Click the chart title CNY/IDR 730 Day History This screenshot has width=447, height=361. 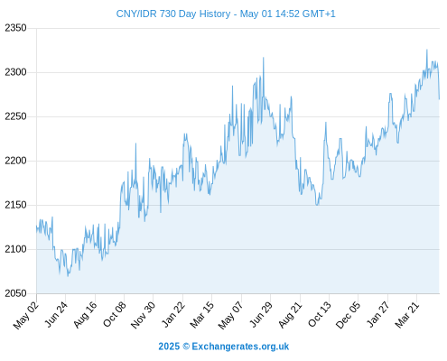click(x=173, y=14)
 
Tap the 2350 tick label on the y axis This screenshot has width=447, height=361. click(x=15, y=28)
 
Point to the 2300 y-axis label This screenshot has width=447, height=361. click(x=15, y=72)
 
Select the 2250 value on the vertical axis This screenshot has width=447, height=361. click(x=15, y=116)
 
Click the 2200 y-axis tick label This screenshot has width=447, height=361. click(x=15, y=161)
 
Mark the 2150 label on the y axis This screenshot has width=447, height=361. click(x=15, y=205)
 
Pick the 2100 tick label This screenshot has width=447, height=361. click(x=15, y=249)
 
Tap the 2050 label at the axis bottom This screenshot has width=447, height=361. click(x=15, y=293)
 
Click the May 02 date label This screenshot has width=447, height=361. click(x=26, y=315)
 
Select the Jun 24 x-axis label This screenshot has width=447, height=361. click(x=56, y=314)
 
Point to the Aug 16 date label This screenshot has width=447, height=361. click(x=86, y=314)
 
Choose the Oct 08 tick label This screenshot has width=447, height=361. click(x=115, y=314)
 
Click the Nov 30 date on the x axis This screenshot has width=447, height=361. click(x=143, y=315)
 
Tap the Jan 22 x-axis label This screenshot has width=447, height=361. click(x=173, y=314)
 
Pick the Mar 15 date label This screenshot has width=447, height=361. click(x=202, y=314)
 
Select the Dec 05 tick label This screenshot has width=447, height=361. click(x=348, y=315)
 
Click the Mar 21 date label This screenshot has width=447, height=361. click(x=407, y=314)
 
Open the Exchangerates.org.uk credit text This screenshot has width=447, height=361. click(x=240, y=347)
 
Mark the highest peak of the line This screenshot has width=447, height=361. click(x=426, y=50)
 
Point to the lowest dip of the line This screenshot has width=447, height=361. click(x=68, y=276)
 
